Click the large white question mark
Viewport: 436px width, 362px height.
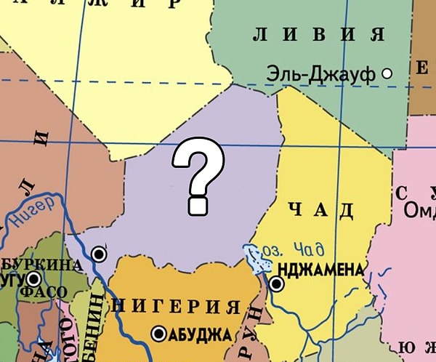[196, 177]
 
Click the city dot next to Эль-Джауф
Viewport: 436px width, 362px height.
[387, 73]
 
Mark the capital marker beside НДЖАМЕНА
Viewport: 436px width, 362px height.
[276, 284]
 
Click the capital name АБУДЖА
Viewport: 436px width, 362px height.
[199, 335]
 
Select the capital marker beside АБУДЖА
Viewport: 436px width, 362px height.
[158, 334]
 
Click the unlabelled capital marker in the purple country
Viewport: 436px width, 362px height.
[99, 254]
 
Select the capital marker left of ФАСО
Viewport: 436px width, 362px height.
[33, 279]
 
